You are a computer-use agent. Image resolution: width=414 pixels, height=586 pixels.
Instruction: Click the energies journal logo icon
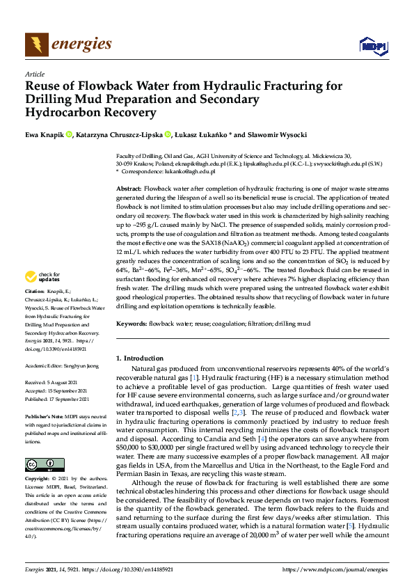pyautogui.click(x=35, y=45)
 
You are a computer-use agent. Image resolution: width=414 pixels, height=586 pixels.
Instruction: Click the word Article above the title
pyautogui.click(x=34, y=73)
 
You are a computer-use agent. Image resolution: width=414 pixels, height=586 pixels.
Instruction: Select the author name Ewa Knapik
pyautogui.click(x=44, y=134)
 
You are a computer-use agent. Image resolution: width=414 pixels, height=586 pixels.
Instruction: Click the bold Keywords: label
pyautogui.click(x=132, y=324)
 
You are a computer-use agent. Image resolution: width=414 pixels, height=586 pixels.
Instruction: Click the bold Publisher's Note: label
pyautogui.click(x=43, y=415)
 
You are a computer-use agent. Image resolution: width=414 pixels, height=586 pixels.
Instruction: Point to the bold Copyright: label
pyautogui.click(x=38, y=480)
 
